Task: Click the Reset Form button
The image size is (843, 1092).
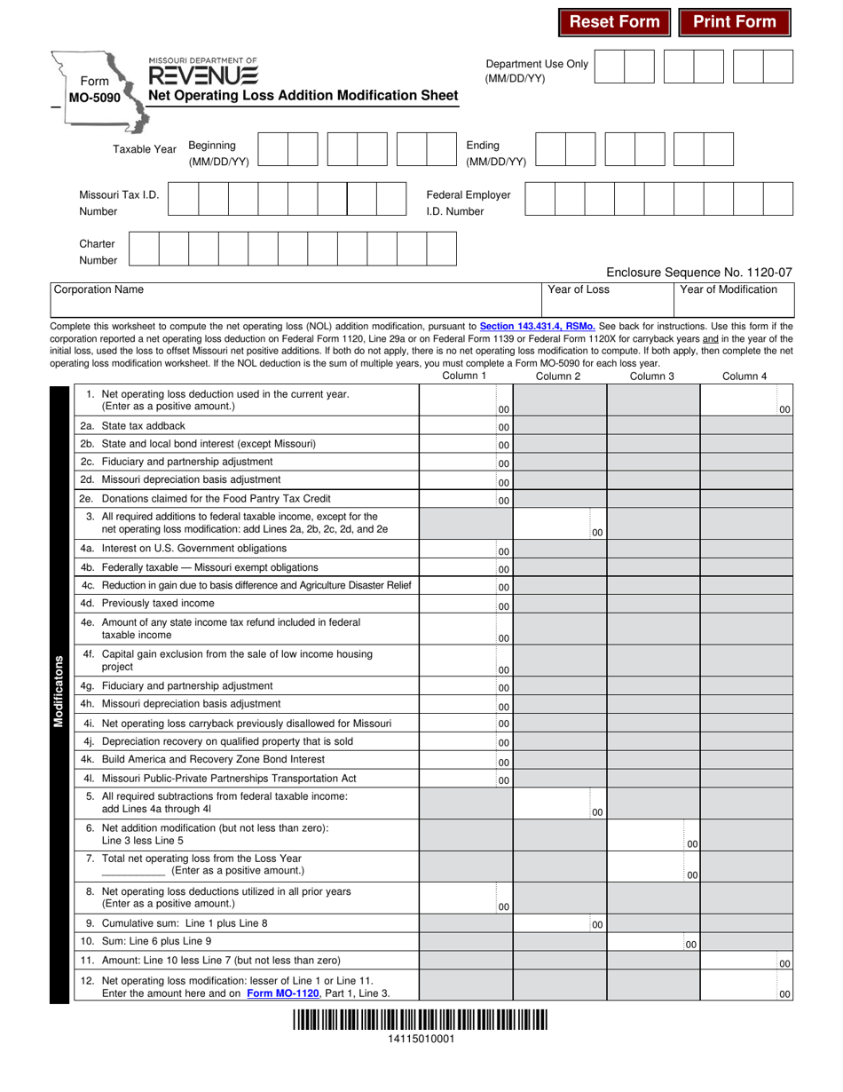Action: coord(614,22)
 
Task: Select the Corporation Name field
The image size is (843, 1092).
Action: coord(296,305)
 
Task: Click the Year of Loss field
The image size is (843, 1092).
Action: coord(608,305)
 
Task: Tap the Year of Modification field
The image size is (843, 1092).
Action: coord(735,305)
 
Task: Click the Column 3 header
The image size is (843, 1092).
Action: coord(652,376)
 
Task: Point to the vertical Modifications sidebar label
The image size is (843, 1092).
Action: coord(59,692)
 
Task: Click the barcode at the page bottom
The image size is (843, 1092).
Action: coord(421,1020)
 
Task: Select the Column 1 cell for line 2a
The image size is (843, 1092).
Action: coord(465,427)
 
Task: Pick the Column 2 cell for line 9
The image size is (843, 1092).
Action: coord(560,923)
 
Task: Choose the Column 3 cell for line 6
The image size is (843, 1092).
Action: coord(653,835)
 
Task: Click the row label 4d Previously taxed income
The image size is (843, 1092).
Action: coord(158,603)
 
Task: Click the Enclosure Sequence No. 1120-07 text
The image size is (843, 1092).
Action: coord(698,273)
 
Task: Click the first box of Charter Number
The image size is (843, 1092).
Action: coord(145,249)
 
